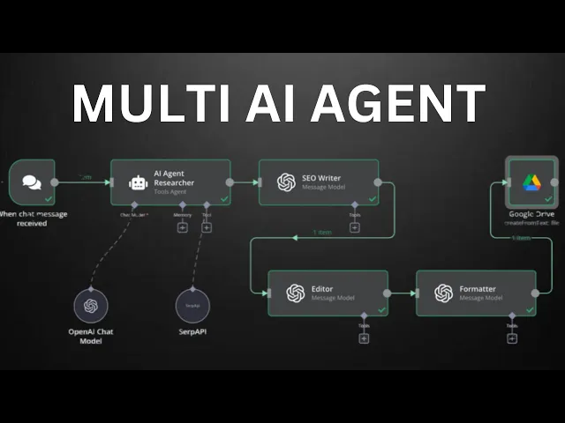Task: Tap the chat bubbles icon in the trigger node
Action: point(31,182)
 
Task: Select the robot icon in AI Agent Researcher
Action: point(137,182)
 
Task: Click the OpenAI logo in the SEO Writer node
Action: point(286,182)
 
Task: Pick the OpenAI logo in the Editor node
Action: point(295,293)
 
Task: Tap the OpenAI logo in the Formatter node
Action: point(443,293)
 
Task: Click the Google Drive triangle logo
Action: point(531,182)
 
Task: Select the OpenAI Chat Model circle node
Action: point(89,305)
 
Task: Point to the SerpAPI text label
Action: point(192,332)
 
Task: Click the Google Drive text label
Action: point(531,214)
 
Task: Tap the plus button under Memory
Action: point(183,227)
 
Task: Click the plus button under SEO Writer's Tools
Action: point(355,227)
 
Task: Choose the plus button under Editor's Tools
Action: point(364,338)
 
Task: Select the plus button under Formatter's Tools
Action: point(512,338)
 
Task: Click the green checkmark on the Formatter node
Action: point(530,310)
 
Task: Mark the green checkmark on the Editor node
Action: point(381,310)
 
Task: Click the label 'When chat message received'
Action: point(34,219)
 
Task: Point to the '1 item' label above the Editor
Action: point(322,234)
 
